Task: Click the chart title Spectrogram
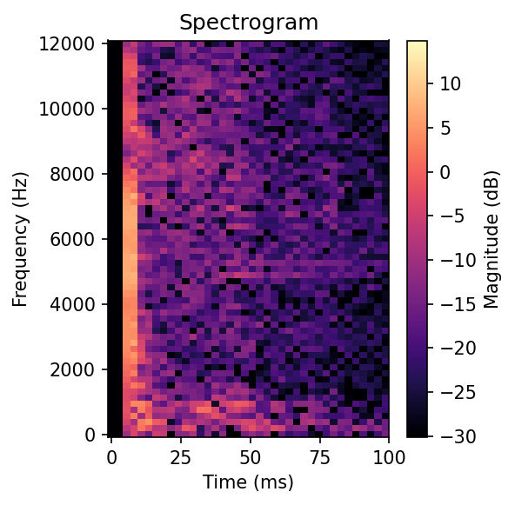coord(248,23)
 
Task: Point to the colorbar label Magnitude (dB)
coord(492,238)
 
